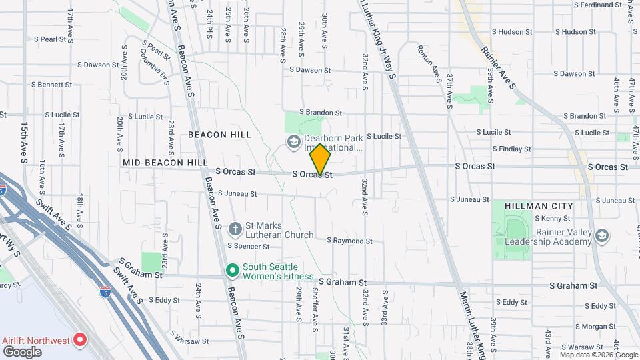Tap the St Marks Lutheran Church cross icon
[x=235, y=229]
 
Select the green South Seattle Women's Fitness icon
[x=232, y=271]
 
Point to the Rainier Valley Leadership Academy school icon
[x=602, y=236]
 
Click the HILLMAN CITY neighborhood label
[x=539, y=206]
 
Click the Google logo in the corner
[x=21, y=351]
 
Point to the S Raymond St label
[x=349, y=241]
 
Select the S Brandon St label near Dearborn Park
[x=320, y=113]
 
